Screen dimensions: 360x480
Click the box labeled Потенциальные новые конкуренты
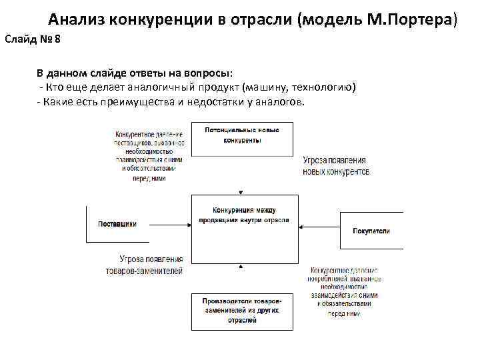click(x=241, y=139)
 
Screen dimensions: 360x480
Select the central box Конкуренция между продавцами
click(x=241, y=221)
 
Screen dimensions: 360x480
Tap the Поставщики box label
click(x=117, y=224)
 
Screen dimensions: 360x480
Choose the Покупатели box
click(x=371, y=231)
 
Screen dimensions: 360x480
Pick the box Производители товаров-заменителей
click(x=241, y=311)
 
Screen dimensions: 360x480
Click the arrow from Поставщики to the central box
click(x=170, y=223)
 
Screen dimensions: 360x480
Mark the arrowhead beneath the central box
click(x=241, y=266)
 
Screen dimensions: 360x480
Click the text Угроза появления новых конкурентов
click(x=335, y=166)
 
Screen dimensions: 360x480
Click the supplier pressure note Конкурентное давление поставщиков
click(x=148, y=155)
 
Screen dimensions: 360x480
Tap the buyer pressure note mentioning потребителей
click(x=344, y=291)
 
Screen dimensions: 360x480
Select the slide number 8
click(x=57, y=39)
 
